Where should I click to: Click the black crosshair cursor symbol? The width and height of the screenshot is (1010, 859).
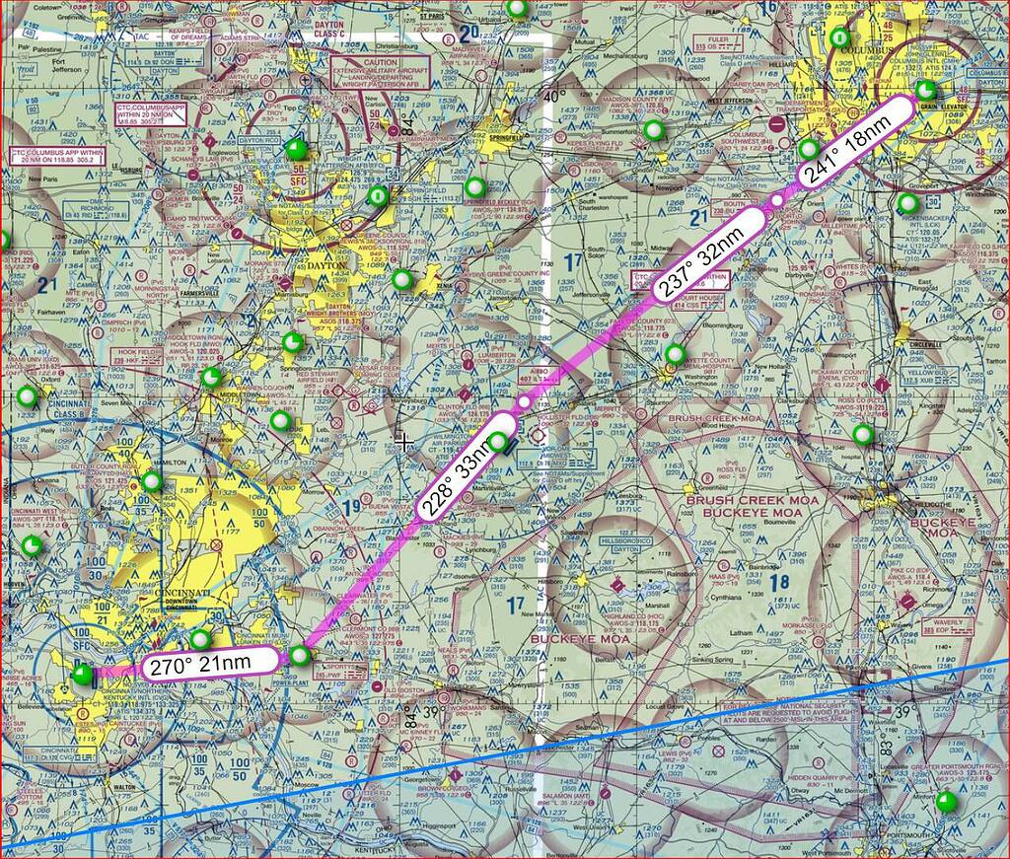pos(403,442)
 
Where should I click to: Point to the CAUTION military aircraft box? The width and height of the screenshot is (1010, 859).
pos(380,72)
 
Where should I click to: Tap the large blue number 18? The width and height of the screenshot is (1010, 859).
pos(778,582)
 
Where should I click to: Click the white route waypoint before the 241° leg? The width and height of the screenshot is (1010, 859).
pos(777,201)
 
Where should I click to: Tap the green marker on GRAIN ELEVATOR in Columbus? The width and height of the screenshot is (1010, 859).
pos(926,91)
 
